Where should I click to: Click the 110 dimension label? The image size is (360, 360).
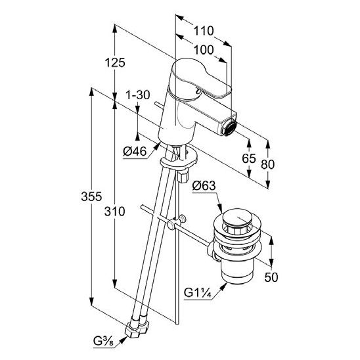coord(204,31)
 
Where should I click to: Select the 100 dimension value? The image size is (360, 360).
coord(204,50)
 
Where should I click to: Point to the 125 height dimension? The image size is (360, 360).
coord(115,62)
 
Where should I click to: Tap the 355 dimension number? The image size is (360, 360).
coord(91,196)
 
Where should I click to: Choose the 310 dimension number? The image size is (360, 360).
coord(114,212)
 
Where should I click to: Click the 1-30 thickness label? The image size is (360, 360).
coord(138,95)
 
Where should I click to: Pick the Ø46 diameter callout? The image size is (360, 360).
coord(135,151)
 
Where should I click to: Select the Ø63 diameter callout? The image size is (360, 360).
coord(204,185)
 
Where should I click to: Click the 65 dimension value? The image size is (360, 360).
coord(249,158)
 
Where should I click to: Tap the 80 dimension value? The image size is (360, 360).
coord(268,164)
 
